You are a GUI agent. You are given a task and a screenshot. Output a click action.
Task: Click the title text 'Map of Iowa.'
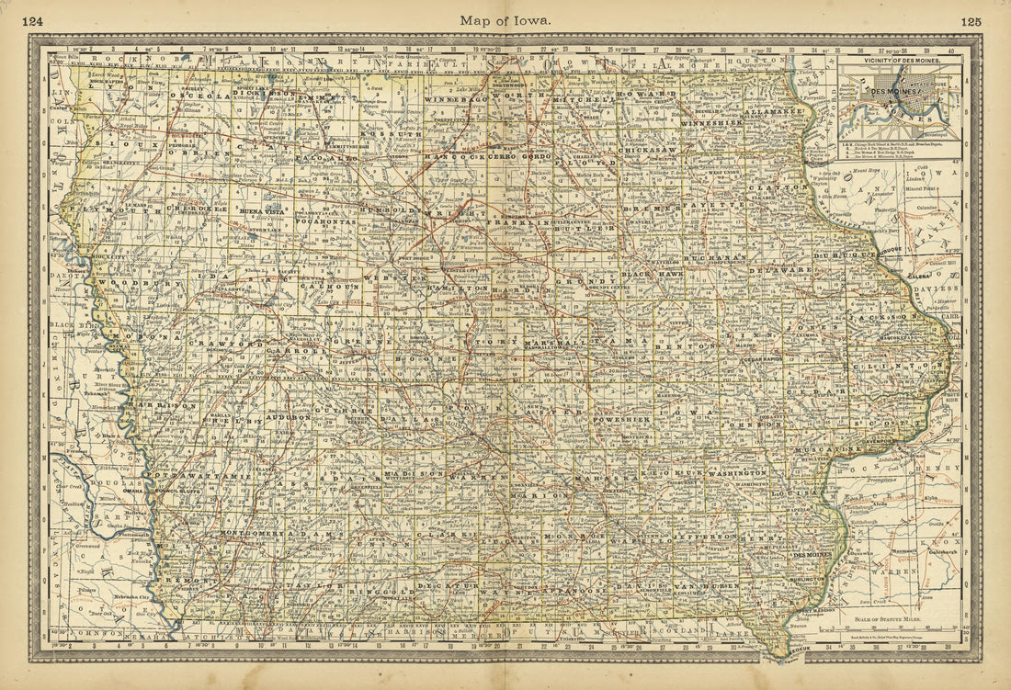(x=506, y=19)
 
